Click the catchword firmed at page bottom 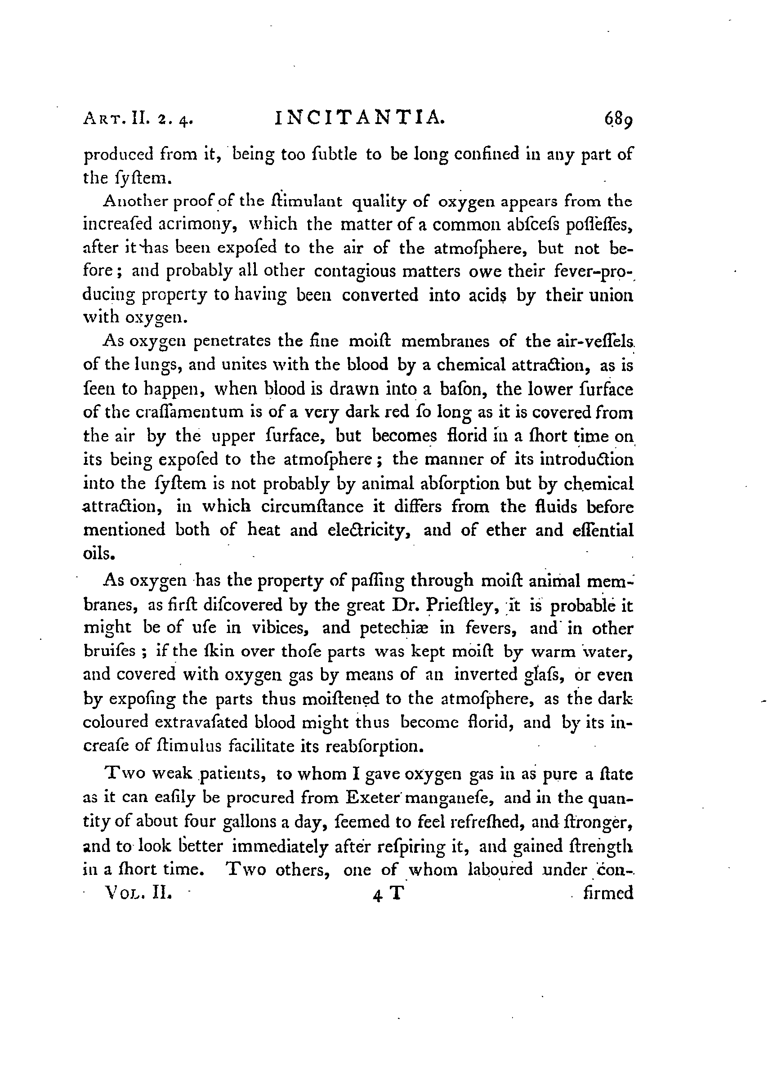click(608, 892)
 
